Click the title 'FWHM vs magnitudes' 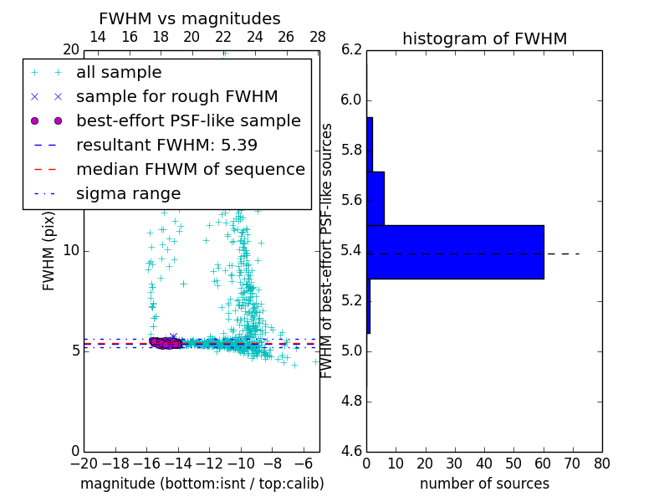coord(190,18)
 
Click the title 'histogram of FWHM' coord(484,38)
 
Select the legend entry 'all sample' coord(119,73)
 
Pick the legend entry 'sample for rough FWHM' coord(176,97)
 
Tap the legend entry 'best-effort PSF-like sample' coord(188,120)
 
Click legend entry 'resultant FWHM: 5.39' coord(166,145)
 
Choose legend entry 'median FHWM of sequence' coord(190,169)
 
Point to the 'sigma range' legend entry coord(128,193)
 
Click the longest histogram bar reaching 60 coord(455,252)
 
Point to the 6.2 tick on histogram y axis coord(352,50)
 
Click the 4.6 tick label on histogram coord(352,450)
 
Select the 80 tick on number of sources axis coord(601,464)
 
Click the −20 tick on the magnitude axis coord(84,464)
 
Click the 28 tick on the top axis coord(318,37)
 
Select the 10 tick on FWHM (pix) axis coord(70,250)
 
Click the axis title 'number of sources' coord(484,484)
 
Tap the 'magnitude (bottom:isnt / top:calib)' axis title coord(202,484)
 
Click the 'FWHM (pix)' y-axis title coord(49,250)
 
